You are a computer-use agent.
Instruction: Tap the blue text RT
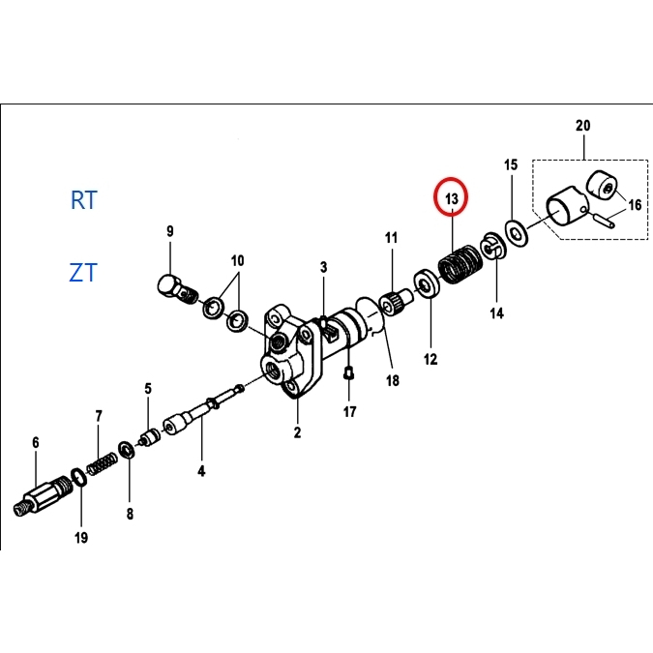[84, 200]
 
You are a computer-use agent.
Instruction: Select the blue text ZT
[83, 273]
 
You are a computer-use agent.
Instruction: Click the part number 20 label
[581, 126]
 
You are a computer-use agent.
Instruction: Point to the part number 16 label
[635, 204]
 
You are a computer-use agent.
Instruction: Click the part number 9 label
[169, 231]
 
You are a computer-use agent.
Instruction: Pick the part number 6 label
[36, 443]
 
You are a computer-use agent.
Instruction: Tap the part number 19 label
[81, 537]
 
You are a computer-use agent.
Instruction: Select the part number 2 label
[297, 432]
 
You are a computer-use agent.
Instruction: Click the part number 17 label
[349, 411]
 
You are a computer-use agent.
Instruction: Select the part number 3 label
[324, 266]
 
